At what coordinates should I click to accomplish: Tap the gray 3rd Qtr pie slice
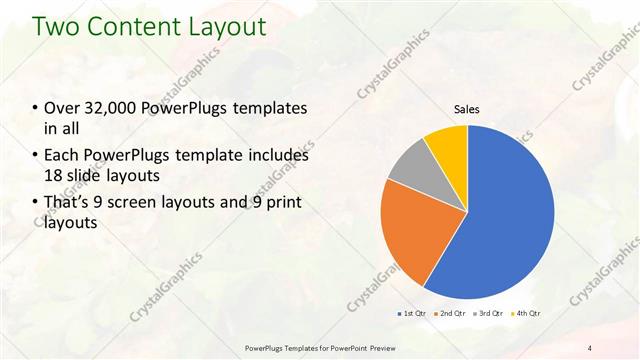(408, 168)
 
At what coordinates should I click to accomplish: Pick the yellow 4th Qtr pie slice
(447, 145)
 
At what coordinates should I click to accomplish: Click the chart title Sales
(467, 108)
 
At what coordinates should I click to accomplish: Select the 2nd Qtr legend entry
(452, 313)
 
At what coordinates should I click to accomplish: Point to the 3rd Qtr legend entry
(490, 313)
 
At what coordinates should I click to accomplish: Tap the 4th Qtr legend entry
(528, 313)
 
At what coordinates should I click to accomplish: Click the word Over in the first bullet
(62, 108)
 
